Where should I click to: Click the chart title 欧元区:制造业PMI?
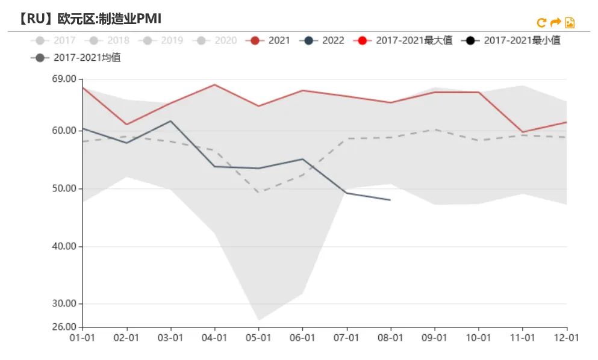(109, 19)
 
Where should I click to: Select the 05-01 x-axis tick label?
(258, 338)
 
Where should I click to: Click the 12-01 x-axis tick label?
(567, 338)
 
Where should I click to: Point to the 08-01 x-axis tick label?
(390, 338)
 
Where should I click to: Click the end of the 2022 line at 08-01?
(390, 200)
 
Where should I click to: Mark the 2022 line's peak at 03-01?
(170, 121)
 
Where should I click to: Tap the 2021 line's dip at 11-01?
(523, 132)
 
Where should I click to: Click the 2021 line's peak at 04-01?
(214, 84)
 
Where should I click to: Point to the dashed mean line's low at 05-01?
(258, 193)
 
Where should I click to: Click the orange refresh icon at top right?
(541, 23)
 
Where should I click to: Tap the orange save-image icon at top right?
(570, 23)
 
